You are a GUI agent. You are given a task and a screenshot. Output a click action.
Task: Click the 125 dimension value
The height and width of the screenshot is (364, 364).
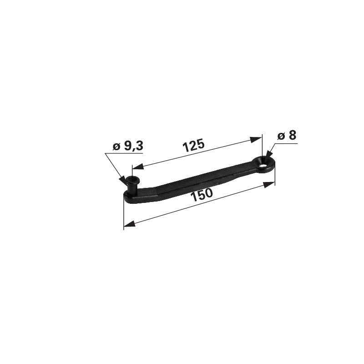pos(193,145)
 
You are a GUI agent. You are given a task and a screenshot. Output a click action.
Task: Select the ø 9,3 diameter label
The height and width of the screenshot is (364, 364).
pos(128,146)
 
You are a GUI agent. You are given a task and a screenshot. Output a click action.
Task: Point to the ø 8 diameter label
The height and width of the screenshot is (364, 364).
pos(287,136)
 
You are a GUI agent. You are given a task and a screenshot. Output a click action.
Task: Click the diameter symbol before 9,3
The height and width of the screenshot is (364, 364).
pos(116,147)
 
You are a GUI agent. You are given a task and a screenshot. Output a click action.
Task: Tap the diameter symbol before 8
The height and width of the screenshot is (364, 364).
pos(281,136)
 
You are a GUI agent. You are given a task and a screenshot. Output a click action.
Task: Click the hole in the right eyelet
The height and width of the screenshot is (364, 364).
pos(263,165)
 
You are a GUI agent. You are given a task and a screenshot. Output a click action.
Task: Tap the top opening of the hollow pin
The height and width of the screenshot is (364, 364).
pos(132,179)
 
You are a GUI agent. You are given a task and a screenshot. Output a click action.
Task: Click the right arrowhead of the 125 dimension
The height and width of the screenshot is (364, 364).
pos(256,140)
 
